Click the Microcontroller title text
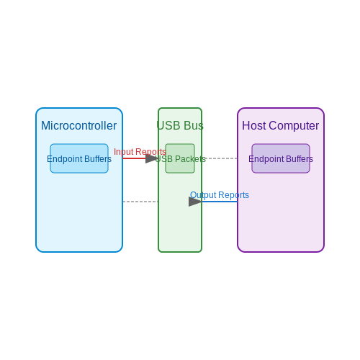79,125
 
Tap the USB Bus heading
180,125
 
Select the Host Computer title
281,126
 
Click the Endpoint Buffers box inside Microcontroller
79,158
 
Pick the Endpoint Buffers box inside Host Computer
281,158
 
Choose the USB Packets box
180,158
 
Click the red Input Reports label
140,152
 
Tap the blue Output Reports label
220,195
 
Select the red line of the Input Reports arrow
134,158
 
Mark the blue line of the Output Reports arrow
220,202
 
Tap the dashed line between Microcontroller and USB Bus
140,202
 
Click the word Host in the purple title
254,125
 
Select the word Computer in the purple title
294,126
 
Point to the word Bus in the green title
194,125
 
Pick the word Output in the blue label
203,195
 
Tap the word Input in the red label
124,152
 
